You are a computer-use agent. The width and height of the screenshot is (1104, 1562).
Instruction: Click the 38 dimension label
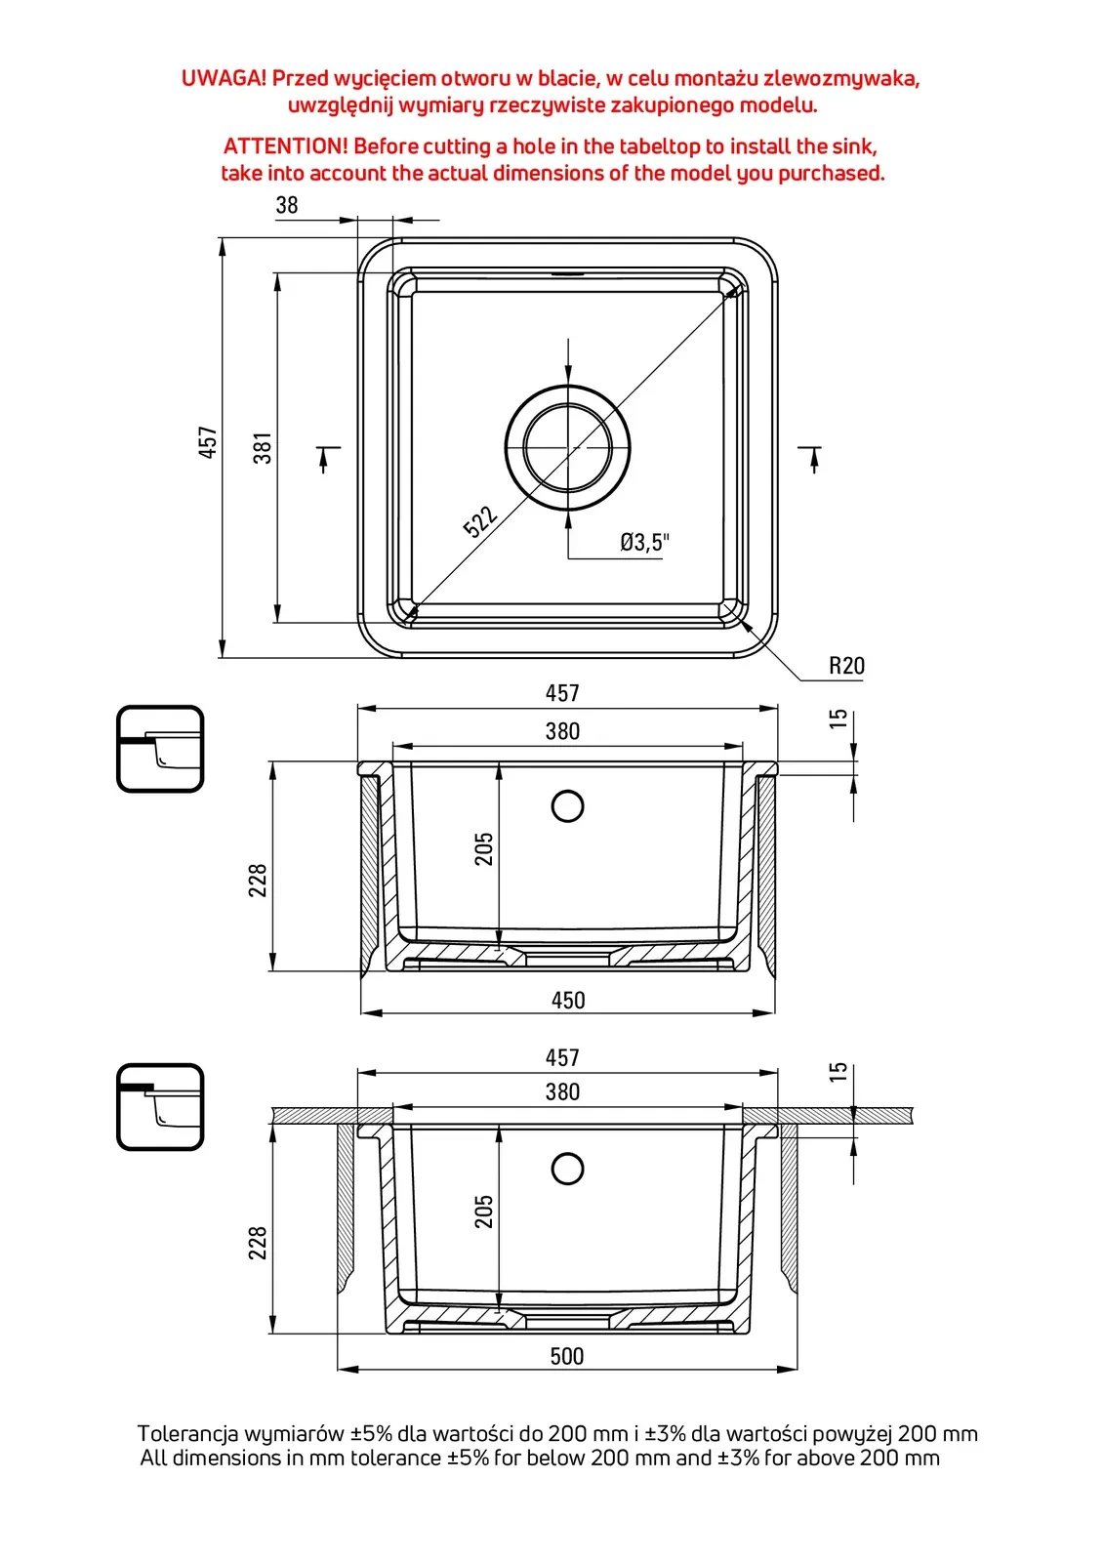[287, 205]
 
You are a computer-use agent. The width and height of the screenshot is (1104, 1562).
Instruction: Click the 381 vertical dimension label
[263, 448]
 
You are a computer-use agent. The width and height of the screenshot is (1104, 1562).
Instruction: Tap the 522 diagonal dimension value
[480, 521]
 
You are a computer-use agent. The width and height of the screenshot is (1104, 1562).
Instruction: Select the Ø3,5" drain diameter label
[644, 542]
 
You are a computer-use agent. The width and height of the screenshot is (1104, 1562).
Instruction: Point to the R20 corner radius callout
[846, 666]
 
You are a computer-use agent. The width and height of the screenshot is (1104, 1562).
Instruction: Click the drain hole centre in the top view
[568, 447]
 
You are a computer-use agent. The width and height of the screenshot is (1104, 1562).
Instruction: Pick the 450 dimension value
[568, 1000]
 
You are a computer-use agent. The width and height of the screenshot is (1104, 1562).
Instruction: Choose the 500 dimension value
[567, 1356]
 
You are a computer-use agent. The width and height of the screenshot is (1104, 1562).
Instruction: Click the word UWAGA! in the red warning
[224, 78]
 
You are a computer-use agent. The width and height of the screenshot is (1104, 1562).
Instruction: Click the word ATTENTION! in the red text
[285, 146]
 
